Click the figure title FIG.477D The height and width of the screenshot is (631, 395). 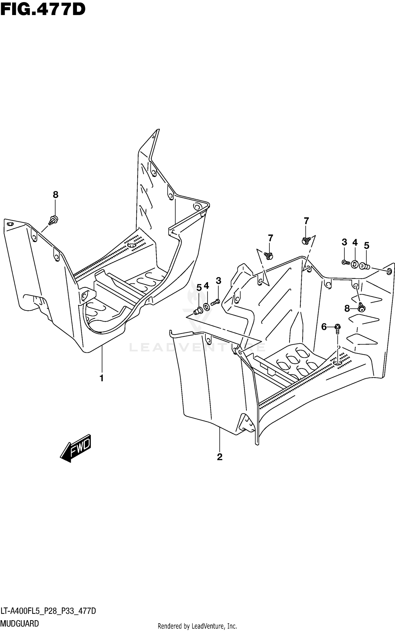43,10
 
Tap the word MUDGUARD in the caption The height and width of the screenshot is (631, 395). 20,623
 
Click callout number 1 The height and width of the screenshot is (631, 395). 101,378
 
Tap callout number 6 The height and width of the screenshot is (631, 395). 324,327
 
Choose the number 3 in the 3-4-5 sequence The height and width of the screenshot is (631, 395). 344,242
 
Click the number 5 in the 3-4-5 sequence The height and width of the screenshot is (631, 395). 367,246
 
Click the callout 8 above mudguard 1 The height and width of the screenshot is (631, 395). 55,195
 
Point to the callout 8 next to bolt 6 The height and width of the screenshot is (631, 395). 347,308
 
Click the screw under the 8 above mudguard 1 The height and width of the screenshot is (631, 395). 54,219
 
